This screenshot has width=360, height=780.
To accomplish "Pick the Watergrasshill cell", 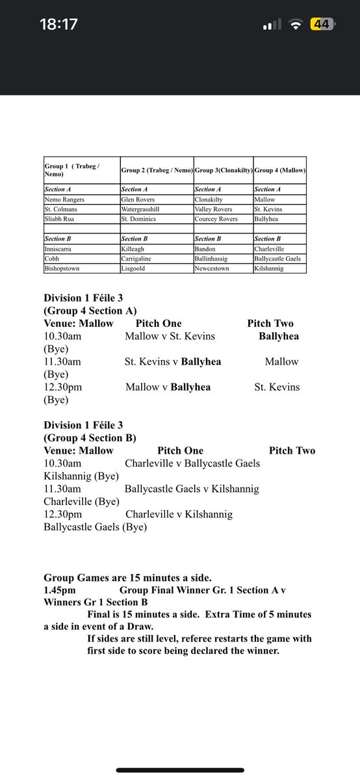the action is coord(145,209).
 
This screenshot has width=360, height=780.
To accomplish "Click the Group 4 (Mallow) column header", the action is coord(280,170).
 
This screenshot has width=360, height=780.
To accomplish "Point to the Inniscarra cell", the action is coord(60,248).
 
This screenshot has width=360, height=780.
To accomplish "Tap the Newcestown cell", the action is coord(212,268).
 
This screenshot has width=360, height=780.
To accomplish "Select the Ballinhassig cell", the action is coord(215,258).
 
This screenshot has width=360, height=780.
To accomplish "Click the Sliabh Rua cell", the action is coord(59,219).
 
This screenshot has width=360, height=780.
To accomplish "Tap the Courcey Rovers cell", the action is coord(216,219).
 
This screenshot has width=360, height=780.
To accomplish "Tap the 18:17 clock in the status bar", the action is coord(58,25).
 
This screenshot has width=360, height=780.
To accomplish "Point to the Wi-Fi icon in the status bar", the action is coord(296,25).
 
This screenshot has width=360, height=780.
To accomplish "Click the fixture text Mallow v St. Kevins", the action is coord(170,336).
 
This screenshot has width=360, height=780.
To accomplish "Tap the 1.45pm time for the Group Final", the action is coord(60,590).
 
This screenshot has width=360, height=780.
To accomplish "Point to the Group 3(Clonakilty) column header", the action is coord(224,170).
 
